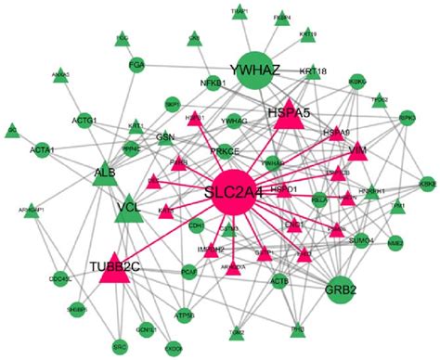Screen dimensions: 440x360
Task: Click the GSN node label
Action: coord(165,137)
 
